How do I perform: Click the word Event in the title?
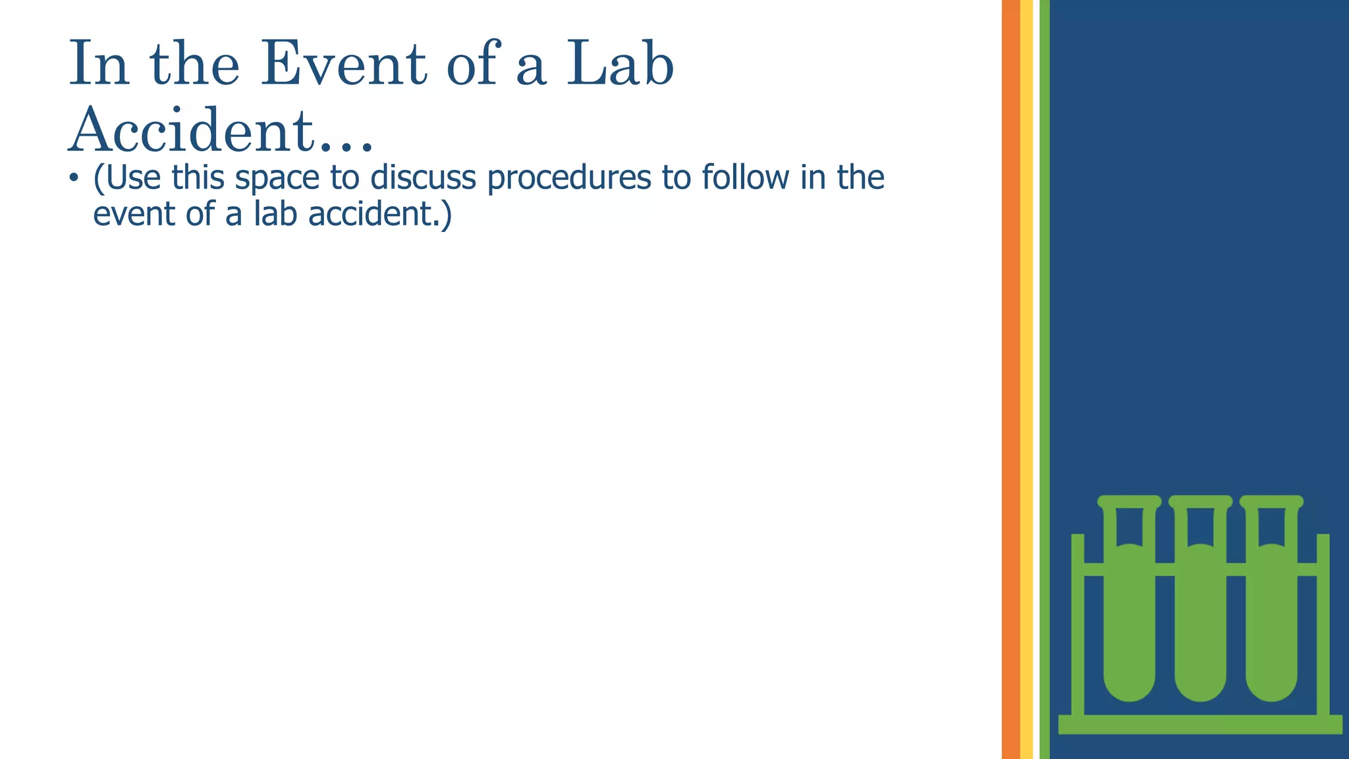point(344,64)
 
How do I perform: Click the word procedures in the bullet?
point(568,178)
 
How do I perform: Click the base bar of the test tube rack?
point(1200,724)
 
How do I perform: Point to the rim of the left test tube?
point(1129,501)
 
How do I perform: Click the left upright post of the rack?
point(1078,626)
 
